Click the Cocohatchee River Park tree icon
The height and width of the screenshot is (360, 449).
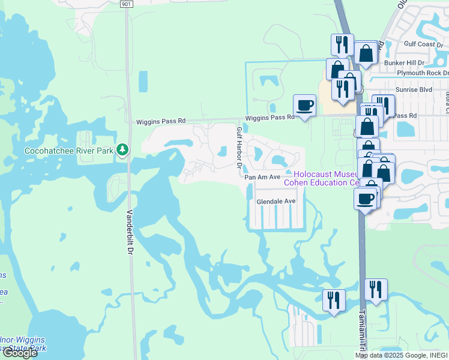click(122, 149)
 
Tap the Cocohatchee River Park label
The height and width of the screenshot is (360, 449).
click(68, 151)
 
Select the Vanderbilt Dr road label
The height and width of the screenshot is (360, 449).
click(130, 232)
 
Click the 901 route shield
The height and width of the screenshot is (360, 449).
click(125, 4)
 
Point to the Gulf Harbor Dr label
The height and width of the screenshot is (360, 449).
click(239, 148)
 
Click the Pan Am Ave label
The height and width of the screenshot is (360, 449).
click(262, 177)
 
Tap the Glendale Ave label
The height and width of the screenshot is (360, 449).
click(276, 202)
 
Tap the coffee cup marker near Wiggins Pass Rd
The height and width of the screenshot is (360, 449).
click(304, 106)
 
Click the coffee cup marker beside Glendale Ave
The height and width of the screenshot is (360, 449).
click(364, 199)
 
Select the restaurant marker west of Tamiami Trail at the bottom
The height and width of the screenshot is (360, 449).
click(334, 299)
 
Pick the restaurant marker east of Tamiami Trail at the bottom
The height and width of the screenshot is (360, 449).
click(376, 289)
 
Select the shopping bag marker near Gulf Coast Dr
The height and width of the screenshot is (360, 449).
click(366, 54)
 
